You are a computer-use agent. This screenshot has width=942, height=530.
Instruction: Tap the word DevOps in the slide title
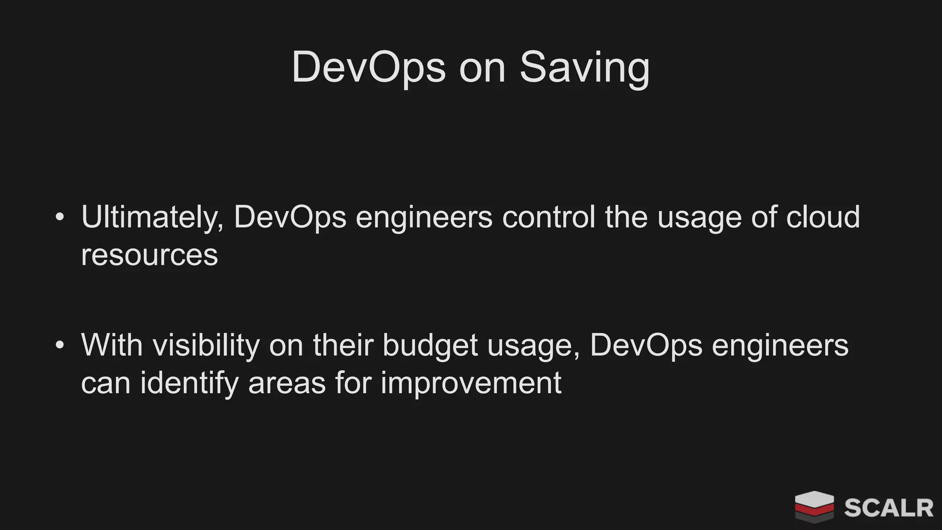point(368,68)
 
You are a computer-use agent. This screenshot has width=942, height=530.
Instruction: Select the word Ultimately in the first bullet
point(152,217)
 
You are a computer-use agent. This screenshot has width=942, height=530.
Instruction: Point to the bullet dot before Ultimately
point(59,217)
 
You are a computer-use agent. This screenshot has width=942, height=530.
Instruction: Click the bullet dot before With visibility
point(59,345)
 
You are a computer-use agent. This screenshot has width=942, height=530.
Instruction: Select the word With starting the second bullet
point(112,345)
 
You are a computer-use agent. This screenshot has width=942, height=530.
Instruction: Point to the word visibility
point(206,345)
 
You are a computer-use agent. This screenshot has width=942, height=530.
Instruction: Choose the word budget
point(430,345)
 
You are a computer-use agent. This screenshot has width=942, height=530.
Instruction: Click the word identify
point(189,383)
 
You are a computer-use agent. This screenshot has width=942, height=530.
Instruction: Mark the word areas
point(287,383)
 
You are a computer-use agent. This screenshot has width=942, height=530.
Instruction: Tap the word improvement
point(471,383)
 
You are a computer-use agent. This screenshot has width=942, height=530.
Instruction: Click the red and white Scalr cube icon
point(814,507)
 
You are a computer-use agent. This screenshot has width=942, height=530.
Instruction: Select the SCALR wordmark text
point(888,508)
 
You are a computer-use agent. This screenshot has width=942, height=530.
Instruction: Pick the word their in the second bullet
point(343,345)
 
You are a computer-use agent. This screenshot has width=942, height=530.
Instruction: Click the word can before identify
point(106,383)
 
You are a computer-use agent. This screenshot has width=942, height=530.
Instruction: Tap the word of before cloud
point(764,217)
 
